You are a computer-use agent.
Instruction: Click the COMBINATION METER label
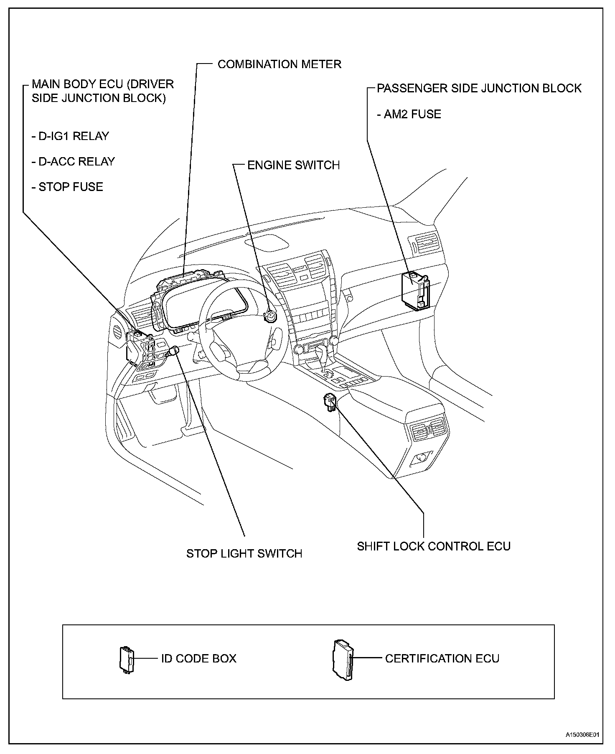point(279,64)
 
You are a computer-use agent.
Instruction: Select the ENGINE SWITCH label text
point(293,165)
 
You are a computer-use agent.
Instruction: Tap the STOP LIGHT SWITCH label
point(244,553)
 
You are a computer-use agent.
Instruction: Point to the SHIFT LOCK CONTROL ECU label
point(434,546)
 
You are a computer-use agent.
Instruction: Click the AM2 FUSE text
point(409,114)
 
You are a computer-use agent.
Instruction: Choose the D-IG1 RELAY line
point(70,136)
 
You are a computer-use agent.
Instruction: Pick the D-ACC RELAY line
point(73,162)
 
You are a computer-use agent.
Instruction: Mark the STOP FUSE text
point(67,187)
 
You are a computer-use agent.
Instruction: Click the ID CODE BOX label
point(198,658)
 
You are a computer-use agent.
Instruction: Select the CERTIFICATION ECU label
point(442,658)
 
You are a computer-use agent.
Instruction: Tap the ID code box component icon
point(126,659)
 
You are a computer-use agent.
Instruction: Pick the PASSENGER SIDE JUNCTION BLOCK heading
point(479,89)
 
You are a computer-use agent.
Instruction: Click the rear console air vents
point(429,431)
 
